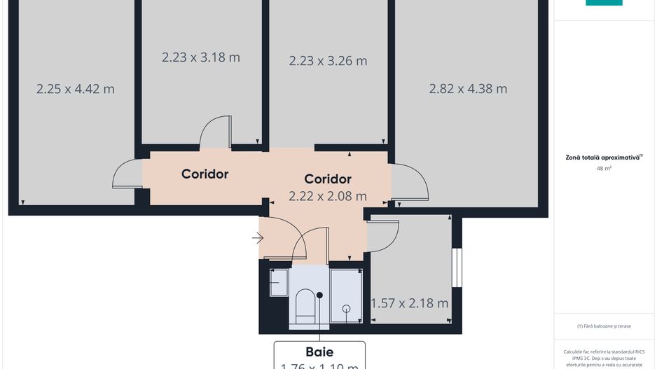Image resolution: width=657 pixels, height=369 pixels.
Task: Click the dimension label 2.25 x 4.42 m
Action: [75, 89]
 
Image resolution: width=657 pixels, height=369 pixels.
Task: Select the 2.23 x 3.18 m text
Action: [200, 57]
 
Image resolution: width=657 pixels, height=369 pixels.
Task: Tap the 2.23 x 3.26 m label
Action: [328, 61]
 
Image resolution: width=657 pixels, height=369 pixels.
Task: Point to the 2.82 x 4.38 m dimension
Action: [468, 89]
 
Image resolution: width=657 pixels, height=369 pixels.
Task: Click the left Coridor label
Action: [205, 174]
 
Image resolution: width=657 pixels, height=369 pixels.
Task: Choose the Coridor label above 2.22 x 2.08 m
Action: [328, 179]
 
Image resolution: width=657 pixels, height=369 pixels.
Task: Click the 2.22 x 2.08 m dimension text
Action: [328, 196]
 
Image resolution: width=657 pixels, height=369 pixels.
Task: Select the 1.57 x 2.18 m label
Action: [410, 303]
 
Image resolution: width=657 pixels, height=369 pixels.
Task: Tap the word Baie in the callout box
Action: [319, 352]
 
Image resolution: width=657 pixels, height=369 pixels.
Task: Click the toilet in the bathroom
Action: [306, 308]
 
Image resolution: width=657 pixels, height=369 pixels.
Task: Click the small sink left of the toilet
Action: [278, 283]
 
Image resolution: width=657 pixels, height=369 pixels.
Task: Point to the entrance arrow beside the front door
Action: [258, 238]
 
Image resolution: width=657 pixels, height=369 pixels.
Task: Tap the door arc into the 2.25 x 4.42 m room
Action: [127, 175]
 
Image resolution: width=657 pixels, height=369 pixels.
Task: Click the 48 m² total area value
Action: [603, 169]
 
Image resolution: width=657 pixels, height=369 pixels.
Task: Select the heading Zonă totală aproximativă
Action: [603, 158]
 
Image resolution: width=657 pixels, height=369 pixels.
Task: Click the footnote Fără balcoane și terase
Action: [604, 326]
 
